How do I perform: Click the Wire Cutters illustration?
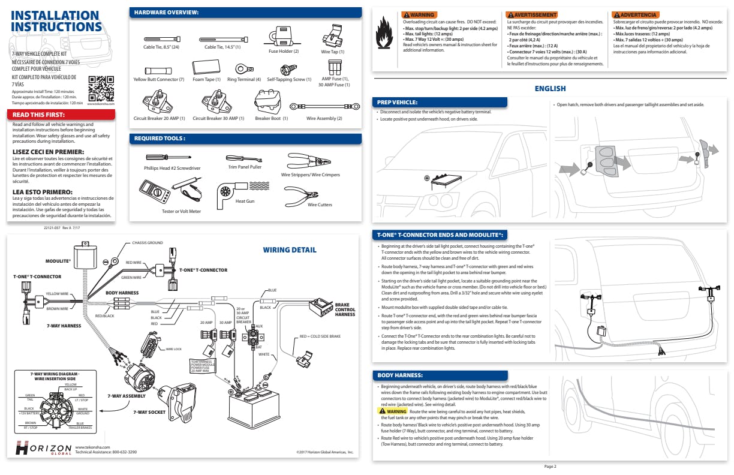coord(303,194)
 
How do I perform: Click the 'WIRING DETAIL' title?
coord(290,249)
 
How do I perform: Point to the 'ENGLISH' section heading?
coord(550,89)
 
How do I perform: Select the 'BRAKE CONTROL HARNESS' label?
coord(345,309)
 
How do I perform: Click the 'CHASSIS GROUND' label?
coord(147,243)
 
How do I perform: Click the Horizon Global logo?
coord(43,449)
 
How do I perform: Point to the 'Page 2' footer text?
coord(550,466)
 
